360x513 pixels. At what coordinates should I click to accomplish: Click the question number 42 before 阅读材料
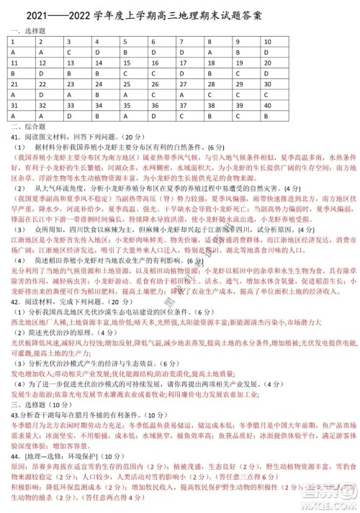[15, 301]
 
